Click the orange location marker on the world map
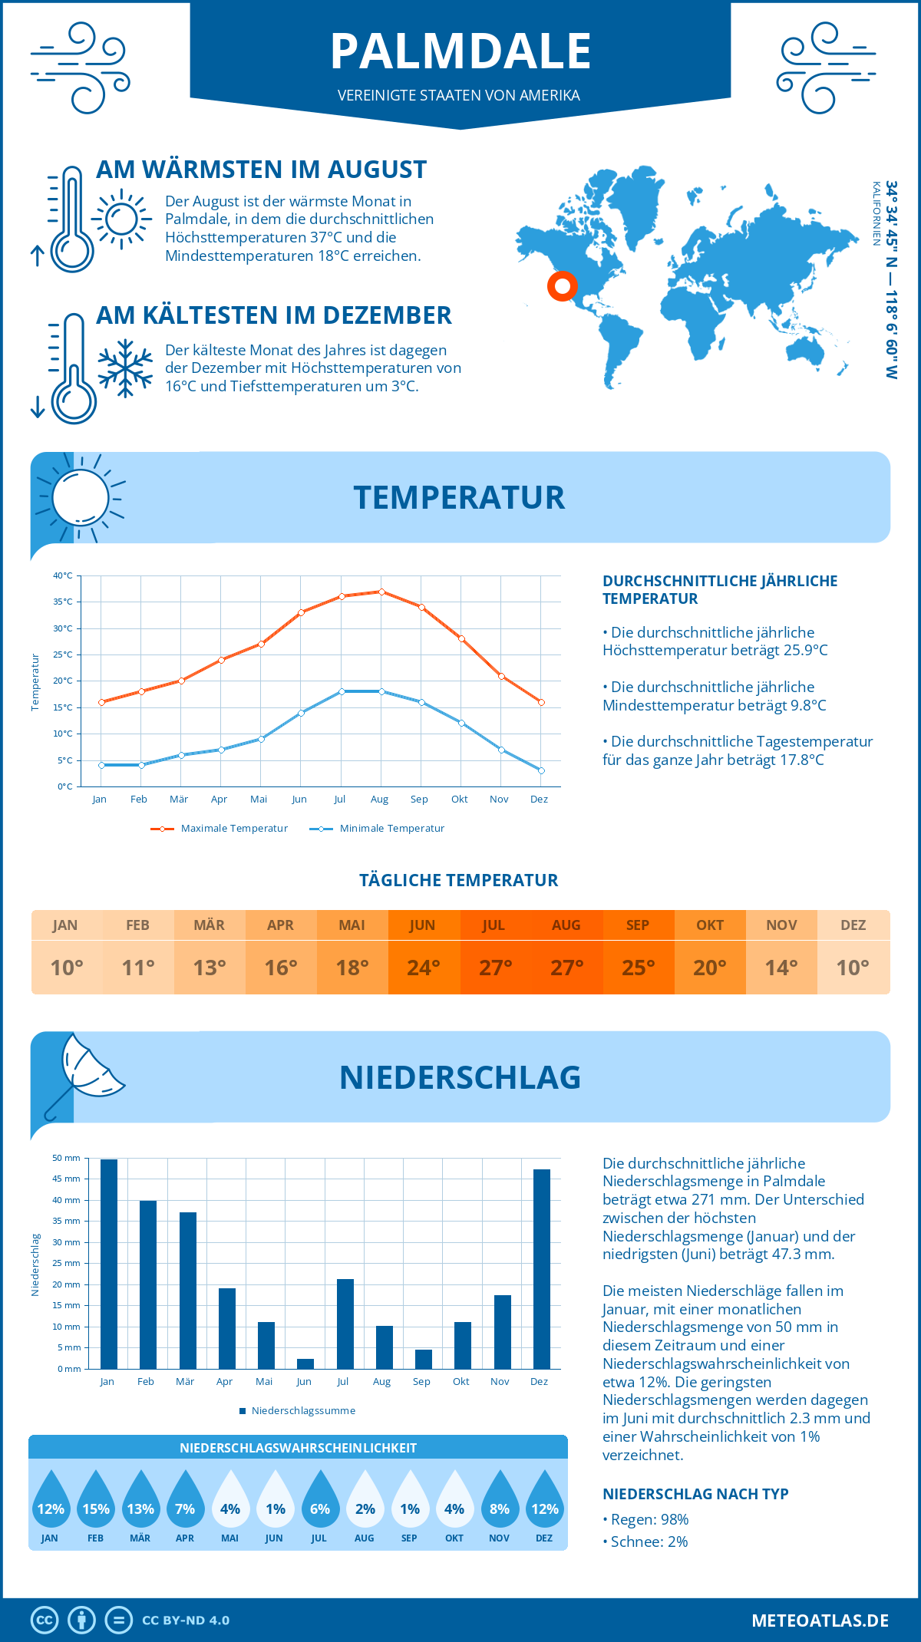pyautogui.click(x=563, y=286)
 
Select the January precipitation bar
pyautogui.click(x=109, y=1264)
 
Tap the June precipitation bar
pyautogui.click(x=305, y=1363)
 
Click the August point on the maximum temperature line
pyautogui.click(x=381, y=592)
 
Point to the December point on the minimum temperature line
pyautogui.click(x=541, y=770)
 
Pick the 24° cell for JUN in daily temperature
pyautogui.click(x=424, y=967)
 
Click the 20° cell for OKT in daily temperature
pyautogui.click(x=710, y=967)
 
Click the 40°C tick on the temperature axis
pyautogui.click(x=63, y=575)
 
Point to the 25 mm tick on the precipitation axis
pyautogui.click(x=66, y=1263)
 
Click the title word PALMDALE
pyautogui.click(x=460, y=52)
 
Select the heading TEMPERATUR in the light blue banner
pyautogui.click(x=459, y=497)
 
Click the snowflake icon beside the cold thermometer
pyautogui.click(x=125, y=368)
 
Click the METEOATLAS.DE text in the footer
pyautogui.click(x=820, y=1621)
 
